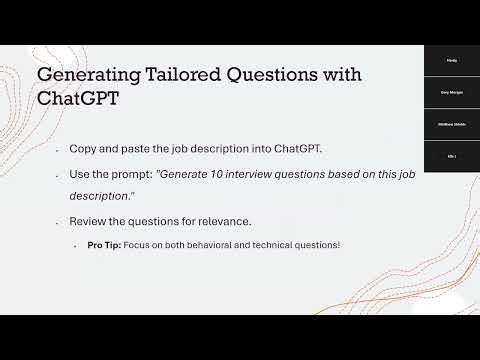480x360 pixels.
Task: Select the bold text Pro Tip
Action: (x=104, y=245)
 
